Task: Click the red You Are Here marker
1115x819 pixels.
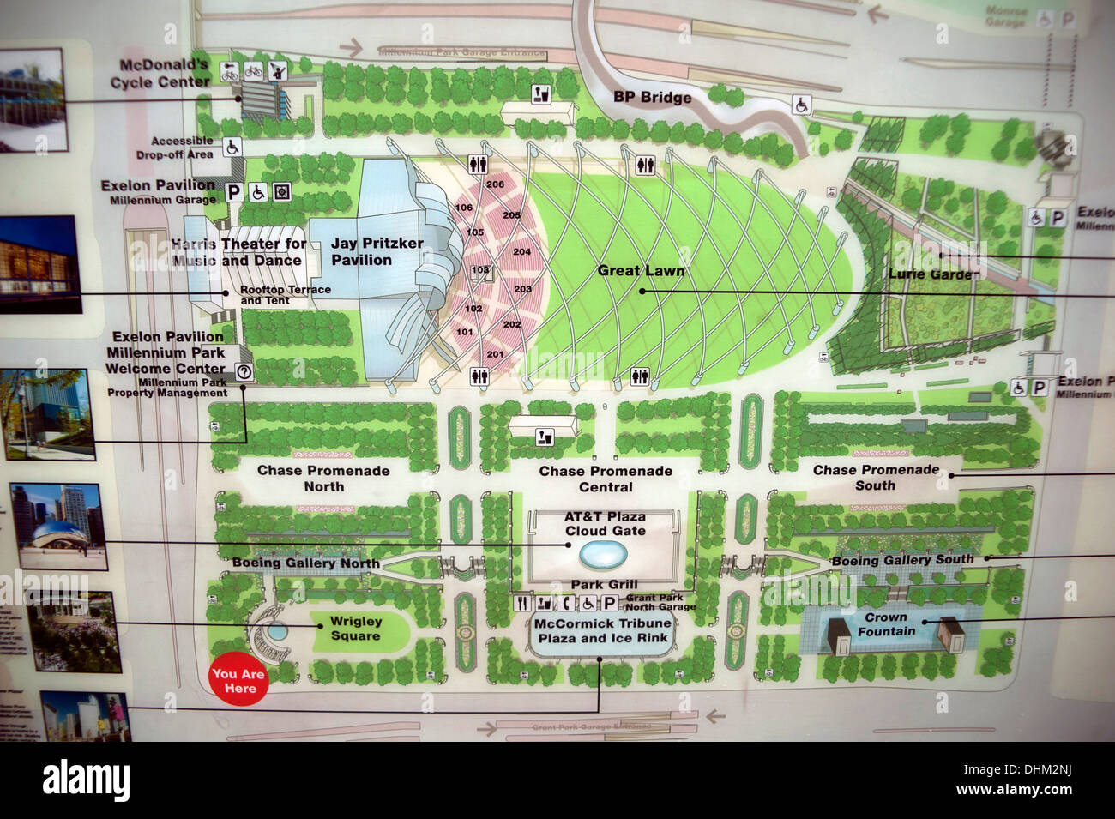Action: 239,681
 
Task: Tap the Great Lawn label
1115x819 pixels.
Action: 641,270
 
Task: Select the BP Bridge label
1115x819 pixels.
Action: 652,97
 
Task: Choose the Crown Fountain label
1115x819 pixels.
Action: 886,624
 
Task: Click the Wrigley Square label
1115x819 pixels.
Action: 355,629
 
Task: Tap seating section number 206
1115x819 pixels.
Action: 495,184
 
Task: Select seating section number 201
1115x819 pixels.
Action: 495,354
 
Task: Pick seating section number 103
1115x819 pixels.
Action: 480,270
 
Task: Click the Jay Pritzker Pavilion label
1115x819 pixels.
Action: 377,251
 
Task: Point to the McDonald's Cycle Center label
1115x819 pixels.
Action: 160,74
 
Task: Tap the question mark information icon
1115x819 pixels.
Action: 244,371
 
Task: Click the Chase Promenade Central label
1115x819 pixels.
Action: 606,479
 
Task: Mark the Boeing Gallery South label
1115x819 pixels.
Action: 902,560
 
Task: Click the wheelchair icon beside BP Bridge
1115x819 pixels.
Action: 801,105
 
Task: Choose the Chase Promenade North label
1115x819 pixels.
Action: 323,478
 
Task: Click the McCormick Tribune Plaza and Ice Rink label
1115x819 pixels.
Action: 601,631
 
